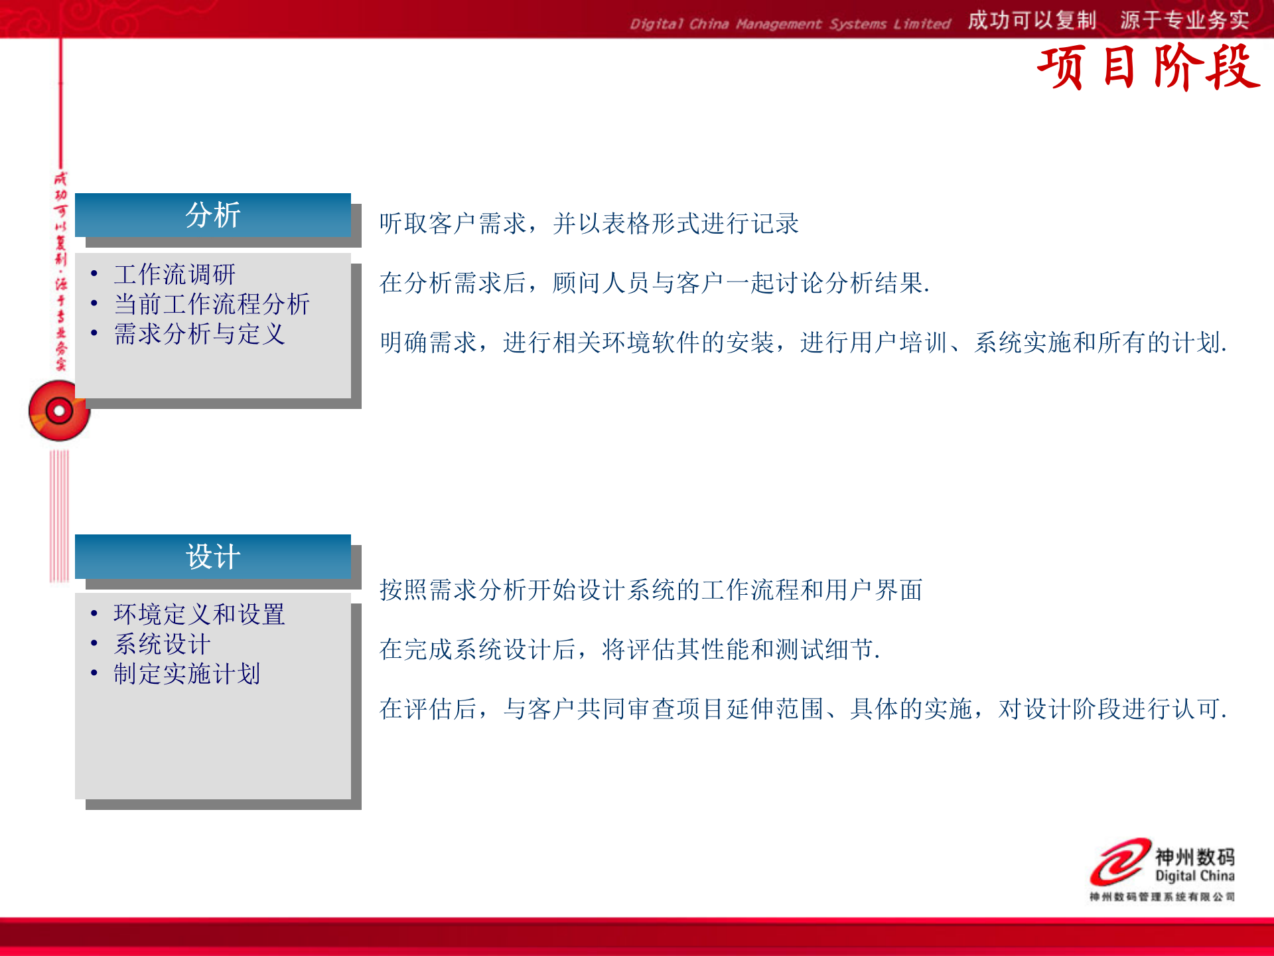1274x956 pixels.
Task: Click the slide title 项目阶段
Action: click(x=1148, y=68)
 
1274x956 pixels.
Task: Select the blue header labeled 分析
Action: click(x=212, y=215)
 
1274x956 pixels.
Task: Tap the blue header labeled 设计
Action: click(x=212, y=556)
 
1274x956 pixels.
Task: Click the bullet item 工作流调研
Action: click(x=175, y=274)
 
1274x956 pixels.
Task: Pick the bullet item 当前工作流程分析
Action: click(x=212, y=304)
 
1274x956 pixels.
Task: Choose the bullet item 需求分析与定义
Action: click(x=199, y=334)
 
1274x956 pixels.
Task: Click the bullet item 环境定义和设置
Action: click(x=199, y=615)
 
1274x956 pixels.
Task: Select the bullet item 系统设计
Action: click(x=162, y=645)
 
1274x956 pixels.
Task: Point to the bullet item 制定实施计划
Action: click(x=186, y=675)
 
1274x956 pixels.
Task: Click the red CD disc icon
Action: click(x=59, y=411)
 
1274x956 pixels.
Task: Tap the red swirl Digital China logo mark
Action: click(x=1120, y=862)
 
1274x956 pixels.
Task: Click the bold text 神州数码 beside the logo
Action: click(x=1194, y=856)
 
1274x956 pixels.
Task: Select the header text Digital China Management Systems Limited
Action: click(x=790, y=25)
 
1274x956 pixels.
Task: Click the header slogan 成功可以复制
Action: click(x=1032, y=21)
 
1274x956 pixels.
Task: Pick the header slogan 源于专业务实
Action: click(x=1184, y=21)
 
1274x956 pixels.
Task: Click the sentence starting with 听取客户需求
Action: click(x=589, y=224)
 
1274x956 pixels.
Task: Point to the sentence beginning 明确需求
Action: click(x=803, y=343)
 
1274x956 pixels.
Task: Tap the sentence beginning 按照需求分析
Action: click(x=651, y=590)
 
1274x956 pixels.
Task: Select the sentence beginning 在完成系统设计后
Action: click(x=630, y=650)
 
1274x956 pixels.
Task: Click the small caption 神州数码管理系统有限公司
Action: click(x=1162, y=897)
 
